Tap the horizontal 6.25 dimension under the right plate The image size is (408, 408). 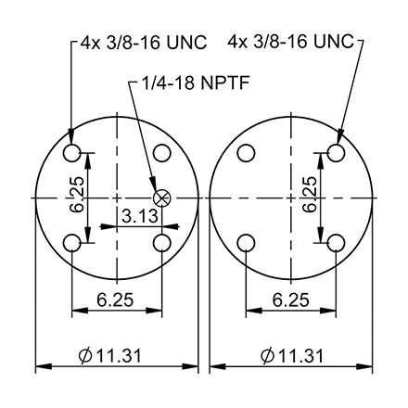click(x=291, y=299)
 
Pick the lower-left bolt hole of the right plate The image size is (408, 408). click(x=247, y=243)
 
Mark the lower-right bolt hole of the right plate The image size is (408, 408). click(x=337, y=243)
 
